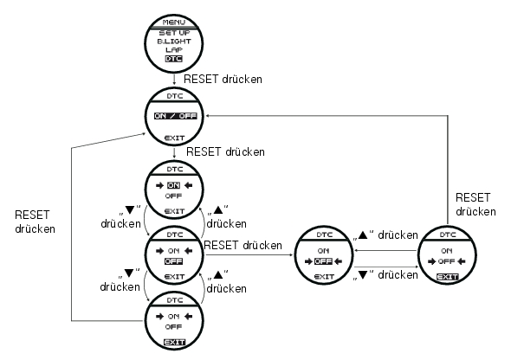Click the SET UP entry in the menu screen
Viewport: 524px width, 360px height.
click(174, 33)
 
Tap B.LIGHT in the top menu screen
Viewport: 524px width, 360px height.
click(174, 42)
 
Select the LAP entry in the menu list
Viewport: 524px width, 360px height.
click(174, 50)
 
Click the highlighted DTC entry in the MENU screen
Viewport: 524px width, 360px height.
click(174, 59)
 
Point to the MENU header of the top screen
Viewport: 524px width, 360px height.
click(174, 22)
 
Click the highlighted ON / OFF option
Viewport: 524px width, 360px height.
click(175, 116)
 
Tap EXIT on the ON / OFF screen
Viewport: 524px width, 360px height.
click(175, 138)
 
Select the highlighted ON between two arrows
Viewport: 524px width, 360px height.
click(174, 185)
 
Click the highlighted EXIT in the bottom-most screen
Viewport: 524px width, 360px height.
click(174, 342)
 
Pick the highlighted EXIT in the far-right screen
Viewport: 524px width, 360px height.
click(448, 277)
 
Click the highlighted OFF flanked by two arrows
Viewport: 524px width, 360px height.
click(323, 261)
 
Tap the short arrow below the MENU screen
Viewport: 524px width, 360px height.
click(174, 79)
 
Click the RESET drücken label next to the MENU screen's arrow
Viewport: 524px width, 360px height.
click(223, 79)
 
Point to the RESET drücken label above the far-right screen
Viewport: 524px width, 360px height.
click(475, 204)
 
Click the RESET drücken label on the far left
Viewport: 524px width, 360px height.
click(36, 222)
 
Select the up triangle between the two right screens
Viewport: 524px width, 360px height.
click(363, 235)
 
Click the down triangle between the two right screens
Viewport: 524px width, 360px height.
click(363, 275)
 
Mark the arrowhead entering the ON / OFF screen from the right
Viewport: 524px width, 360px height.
click(208, 116)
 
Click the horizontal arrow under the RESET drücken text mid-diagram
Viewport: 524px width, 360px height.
click(249, 254)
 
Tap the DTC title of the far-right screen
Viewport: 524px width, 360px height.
click(448, 235)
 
